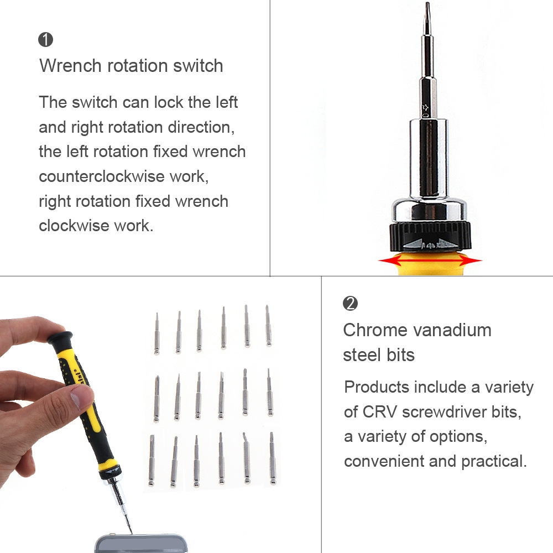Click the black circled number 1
(45, 39)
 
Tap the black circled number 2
(350, 303)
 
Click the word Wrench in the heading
(71, 66)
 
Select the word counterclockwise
(102, 176)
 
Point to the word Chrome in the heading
(375, 331)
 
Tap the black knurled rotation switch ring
(430, 236)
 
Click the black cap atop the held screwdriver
(60, 338)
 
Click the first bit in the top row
(156, 333)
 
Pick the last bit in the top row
(268, 326)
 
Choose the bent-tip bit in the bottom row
(246, 458)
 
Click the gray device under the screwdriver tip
(141, 544)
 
